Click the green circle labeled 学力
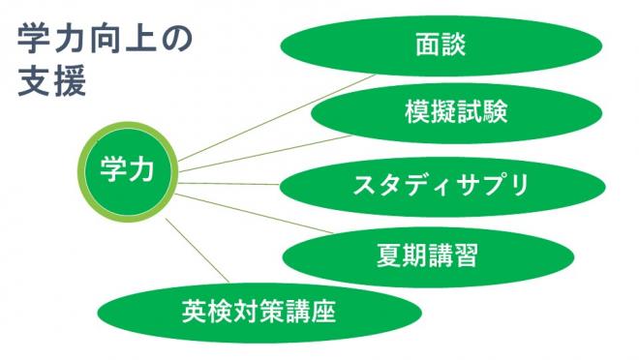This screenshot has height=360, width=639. pyautogui.click(x=127, y=170)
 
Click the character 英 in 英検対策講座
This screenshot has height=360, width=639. pyautogui.click(x=194, y=311)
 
